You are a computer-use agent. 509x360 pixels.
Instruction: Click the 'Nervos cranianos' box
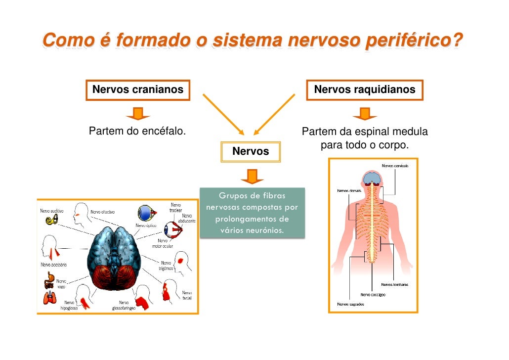click(x=138, y=90)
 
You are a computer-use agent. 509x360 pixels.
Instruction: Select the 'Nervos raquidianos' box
click(x=365, y=90)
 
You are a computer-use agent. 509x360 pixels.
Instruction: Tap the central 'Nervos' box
click(x=251, y=152)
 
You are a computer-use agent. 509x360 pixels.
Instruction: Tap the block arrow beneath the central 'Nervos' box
click(x=252, y=176)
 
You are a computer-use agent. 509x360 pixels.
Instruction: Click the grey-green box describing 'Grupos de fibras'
click(x=252, y=213)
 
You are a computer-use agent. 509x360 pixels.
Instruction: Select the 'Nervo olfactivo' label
click(x=103, y=212)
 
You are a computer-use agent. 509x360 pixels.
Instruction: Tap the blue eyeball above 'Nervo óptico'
click(x=146, y=213)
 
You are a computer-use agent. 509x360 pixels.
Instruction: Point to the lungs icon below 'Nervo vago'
click(x=49, y=297)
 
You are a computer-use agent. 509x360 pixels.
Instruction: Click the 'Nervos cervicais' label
click(x=395, y=166)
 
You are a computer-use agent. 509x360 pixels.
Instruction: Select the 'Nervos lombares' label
click(x=394, y=284)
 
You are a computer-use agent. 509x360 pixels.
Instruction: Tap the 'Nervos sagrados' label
click(x=350, y=304)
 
